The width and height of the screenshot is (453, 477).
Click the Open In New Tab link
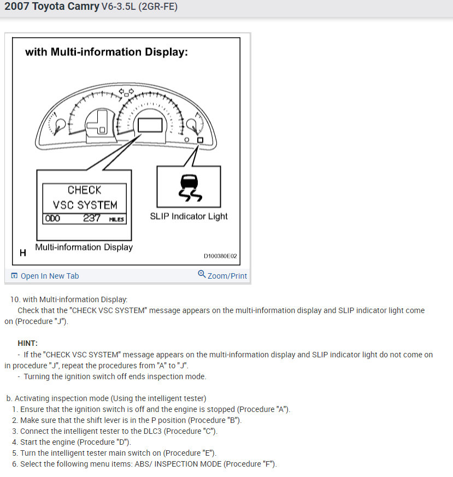pos(49,276)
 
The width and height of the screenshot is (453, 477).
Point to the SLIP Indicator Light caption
pos(189,216)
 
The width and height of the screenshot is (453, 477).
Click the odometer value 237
pos(92,219)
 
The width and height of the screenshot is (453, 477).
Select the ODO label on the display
pos(53,219)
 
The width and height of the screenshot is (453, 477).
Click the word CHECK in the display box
pos(85,190)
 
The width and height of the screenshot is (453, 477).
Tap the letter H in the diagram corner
pos(23,253)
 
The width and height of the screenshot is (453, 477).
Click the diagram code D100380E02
pos(220,256)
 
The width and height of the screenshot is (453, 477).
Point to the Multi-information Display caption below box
pos(84,247)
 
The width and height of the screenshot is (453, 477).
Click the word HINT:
pos(27,343)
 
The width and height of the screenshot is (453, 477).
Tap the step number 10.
pos(15,299)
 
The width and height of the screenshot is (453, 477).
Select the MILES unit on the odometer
pos(116,219)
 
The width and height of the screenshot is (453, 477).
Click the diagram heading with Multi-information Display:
pos(107,52)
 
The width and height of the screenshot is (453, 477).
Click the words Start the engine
pos(48,442)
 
